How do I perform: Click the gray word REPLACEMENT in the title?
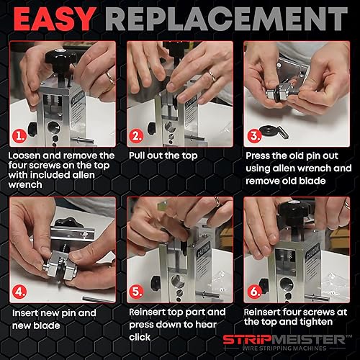[x=226, y=19]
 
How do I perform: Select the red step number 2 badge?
[x=136, y=136]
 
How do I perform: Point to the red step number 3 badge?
[x=254, y=136]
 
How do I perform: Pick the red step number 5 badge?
[x=136, y=292]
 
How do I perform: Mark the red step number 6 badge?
[x=254, y=292]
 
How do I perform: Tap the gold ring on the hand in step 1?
[x=111, y=78]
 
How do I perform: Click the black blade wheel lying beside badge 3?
[x=269, y=131]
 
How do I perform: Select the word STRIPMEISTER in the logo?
[x=284, y=340]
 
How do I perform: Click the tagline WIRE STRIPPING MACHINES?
[x=284, y=348]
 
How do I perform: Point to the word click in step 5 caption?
[x=140, y=337]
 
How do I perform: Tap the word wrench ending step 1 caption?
[x=25, y=185]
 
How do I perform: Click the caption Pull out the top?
[x=163, y=156]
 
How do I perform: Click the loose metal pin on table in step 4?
[x=99, y=299]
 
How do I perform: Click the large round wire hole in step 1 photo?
[x=53, y=127]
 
